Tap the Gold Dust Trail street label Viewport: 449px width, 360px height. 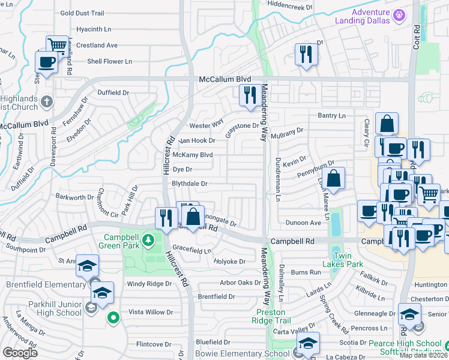tap(82, 13)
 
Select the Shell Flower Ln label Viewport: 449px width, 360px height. tap(109, 61)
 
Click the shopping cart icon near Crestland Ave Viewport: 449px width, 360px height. tap(57, 44)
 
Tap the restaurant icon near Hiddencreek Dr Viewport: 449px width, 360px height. tap(306, 54)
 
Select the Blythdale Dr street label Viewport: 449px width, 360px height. tap(190, 184)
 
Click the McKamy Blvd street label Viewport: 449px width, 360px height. tap(193, 155)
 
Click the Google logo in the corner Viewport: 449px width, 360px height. tap(20, 353)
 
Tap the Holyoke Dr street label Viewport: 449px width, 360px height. tap(230, 262)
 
